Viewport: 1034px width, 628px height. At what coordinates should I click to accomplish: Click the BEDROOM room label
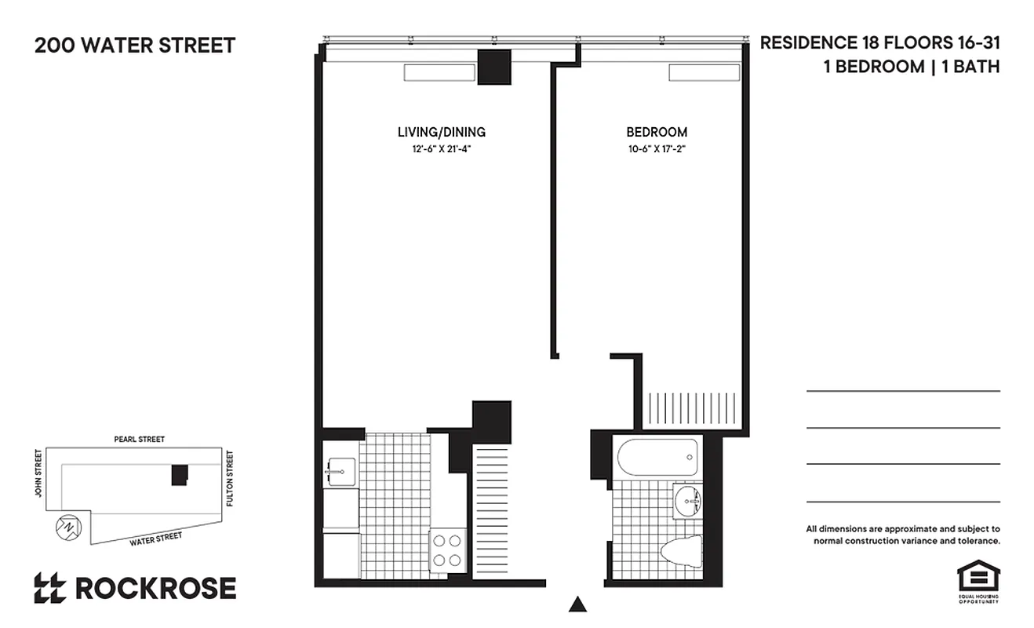pos(657,132)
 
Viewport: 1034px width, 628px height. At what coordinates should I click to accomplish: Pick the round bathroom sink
pos(688,497)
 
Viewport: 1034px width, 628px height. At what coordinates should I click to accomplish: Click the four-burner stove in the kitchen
pos(448,549)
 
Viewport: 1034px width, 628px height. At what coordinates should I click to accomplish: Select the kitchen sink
pos(341,472)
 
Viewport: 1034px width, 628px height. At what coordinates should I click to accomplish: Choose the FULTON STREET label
pos(230,477)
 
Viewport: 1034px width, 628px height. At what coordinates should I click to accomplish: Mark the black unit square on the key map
pos(180,474)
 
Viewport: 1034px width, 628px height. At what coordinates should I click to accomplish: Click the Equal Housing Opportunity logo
pos(978,582)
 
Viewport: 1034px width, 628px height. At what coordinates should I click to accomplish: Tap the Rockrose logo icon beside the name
pos(49,588)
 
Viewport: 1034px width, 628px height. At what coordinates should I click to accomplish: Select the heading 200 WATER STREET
pos(135,46)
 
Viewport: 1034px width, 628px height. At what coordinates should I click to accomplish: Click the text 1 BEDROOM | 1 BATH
pos(911,67)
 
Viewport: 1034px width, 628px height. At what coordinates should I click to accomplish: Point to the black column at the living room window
pos(494,67)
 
